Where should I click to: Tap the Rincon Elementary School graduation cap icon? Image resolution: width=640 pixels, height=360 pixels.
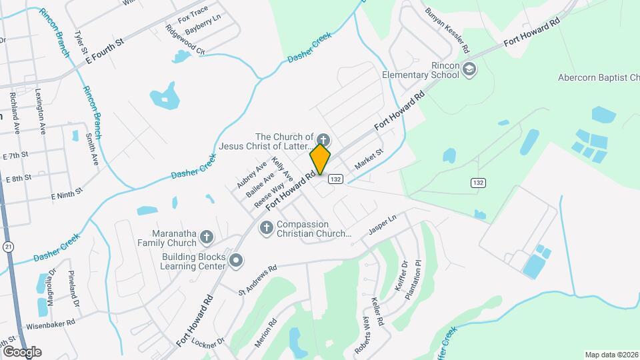[469, 69]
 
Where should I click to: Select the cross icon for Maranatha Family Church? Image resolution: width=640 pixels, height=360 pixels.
[207, 237]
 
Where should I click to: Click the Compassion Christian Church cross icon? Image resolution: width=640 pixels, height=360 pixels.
[266, 229]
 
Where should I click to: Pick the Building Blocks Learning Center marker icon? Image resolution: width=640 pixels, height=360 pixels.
[235, 260]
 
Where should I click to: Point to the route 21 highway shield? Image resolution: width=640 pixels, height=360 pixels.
[7, 247]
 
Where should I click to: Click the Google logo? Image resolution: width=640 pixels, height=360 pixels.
[21, 351]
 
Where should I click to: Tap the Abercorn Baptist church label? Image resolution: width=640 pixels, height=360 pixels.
[598, 77]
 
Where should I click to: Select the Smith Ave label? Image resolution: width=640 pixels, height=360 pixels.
[91, 151]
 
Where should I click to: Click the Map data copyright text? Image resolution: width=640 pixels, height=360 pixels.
[611, 355]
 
